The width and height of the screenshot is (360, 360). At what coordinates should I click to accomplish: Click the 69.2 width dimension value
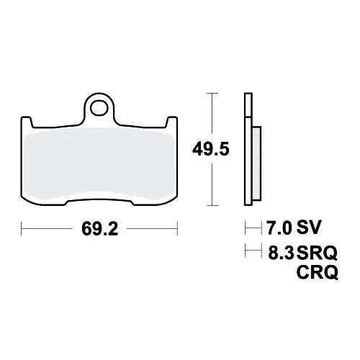[100, 229]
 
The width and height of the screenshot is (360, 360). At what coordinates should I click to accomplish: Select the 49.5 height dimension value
[211, 149]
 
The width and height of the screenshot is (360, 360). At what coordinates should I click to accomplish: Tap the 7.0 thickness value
[279, 228]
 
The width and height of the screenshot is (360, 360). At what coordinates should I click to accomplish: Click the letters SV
[309, 228]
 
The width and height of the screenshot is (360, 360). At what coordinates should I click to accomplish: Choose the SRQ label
[317, 253]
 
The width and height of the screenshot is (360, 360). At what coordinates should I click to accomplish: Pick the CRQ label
[317, 272]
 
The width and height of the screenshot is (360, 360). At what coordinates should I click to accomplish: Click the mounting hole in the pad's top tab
[99, 107]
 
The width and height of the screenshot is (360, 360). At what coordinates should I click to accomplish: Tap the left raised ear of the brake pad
[26, 122]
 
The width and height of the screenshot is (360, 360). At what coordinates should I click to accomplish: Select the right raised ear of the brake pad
[172, 122]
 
